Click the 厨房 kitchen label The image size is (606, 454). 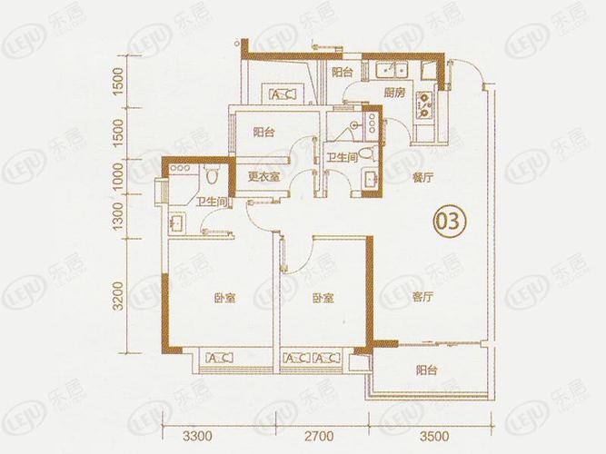[393, 93]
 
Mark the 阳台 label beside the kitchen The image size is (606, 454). [342, 72]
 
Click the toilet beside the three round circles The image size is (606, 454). [211, 173]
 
